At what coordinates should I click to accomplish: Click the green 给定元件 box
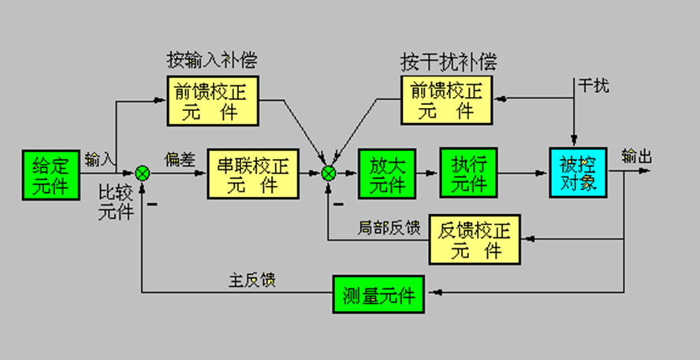pyautogui.click(x=51, y=173)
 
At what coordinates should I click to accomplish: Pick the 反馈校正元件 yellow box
pyautogui.click(x=477, y=239)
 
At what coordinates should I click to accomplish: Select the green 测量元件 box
pyautogui.click(x=378, y=295)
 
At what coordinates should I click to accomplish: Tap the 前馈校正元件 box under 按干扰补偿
pyautogui.click(x=445, y=100)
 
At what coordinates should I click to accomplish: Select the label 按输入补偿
pyautogui.click(x=211, y=61)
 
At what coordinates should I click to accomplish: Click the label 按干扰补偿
pyautogui.click(x=449, y=61)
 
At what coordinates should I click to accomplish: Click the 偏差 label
pyautogui.click(x=177, y=158)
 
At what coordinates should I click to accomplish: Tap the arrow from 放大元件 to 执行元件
pyautogui.click(x=426, y=173)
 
